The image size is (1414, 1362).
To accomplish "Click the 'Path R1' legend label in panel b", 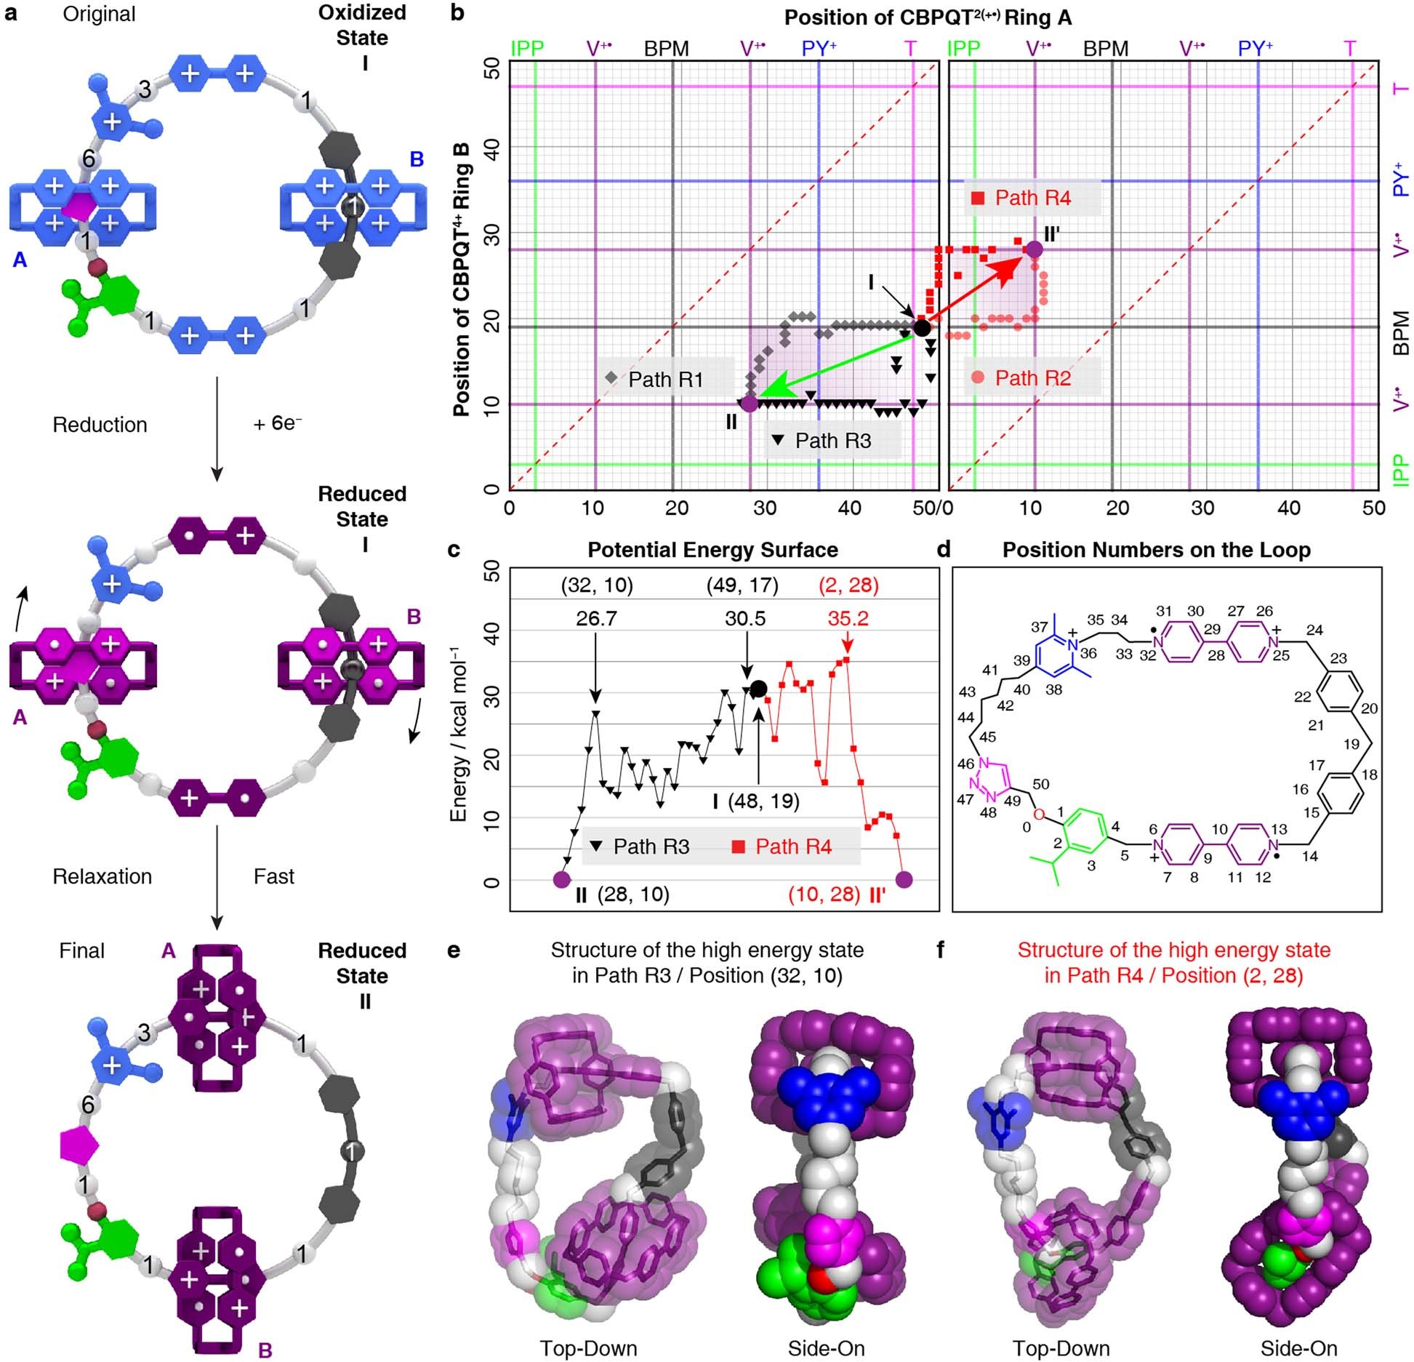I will pos(665,380).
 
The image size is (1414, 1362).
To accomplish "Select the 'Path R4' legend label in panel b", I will pos(1032,198).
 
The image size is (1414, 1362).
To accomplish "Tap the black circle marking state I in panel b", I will pos(921,328).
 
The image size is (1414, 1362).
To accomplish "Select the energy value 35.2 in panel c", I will pos(848,619).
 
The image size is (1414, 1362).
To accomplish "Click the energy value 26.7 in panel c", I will pos(596,619).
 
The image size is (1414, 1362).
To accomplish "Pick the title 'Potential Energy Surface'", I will pos(712,550).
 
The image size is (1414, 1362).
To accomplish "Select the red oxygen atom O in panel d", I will pos(1039,814).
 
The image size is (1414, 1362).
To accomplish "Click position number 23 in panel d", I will pos(1338,658).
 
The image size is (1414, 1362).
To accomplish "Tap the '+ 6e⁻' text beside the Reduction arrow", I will pos(278,424).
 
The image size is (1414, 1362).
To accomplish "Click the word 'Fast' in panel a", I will pos(274,876).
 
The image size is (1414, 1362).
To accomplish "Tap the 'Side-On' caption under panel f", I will pos(1298,1349).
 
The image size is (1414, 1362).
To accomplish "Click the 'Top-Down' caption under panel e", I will pos(588,1349).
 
